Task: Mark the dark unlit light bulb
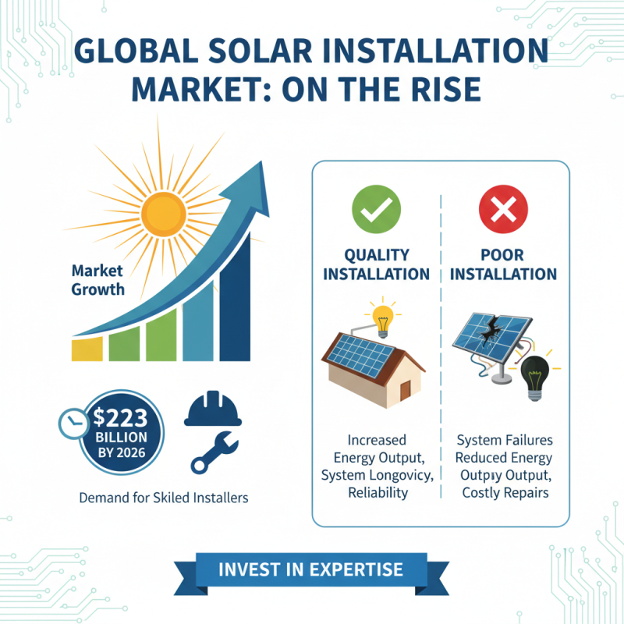click(534, 376)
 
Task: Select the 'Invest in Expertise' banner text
click(311, 569)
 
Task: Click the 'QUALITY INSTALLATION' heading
click(377, 264)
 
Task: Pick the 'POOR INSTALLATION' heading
click(504, 264)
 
